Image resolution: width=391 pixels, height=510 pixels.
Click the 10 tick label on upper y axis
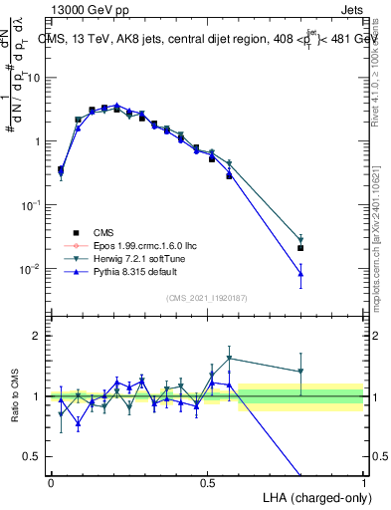pos(34,78)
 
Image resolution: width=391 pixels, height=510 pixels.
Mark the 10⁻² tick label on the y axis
pos(30,269)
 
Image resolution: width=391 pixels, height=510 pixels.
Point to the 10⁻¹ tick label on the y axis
pos(30,205)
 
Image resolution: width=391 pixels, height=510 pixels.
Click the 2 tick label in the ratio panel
pos(37,336)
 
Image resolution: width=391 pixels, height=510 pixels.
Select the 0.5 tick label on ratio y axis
pos(32,457)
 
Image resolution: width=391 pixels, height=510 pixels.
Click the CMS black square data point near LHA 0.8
pos(300,248)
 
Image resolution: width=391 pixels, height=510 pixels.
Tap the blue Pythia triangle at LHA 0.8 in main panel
pos(300,273)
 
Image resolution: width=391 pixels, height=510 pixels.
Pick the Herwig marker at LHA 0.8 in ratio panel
pos(300,373)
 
